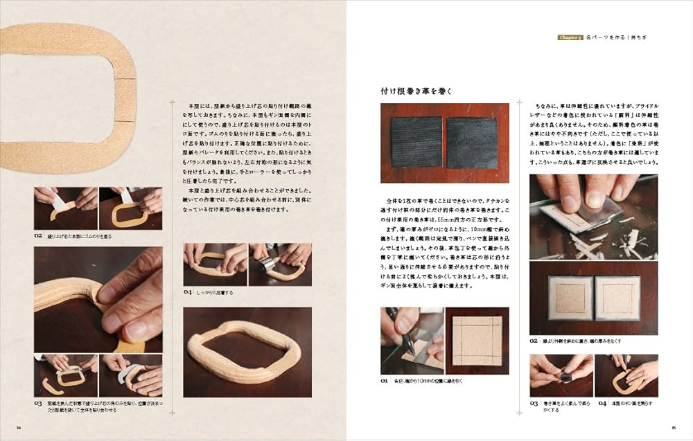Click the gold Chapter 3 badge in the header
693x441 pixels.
click(570, 37)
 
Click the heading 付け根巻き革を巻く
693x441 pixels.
click(417, 91)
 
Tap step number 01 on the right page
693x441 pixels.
click(386, 381)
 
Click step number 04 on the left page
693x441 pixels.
click(188, 293)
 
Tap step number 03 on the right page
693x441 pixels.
click(534, 403)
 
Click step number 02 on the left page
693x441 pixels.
click(39, 235)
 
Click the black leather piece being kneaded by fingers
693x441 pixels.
click(563, 376)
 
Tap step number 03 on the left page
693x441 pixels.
click(39, 404)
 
